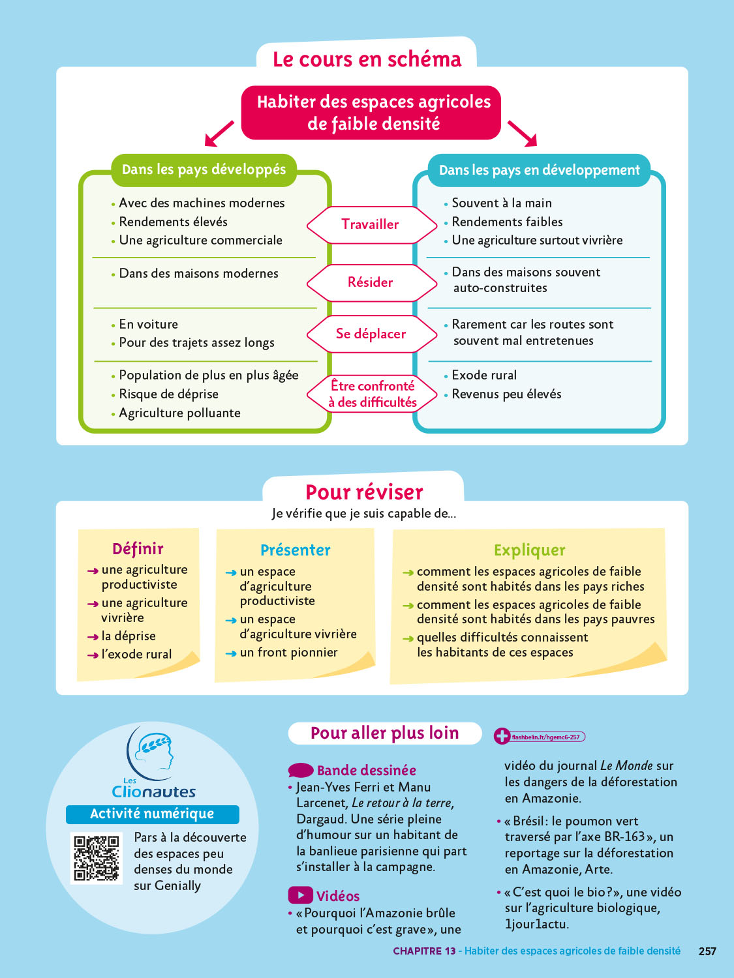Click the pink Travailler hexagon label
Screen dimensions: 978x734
point(371,224)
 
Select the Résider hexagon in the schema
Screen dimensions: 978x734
point(371,282)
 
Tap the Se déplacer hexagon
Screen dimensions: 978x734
point(371,334)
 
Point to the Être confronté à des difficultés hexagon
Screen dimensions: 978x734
point(372,394)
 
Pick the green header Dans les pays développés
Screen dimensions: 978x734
point(204,170)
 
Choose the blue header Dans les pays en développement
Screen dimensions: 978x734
point(539,170)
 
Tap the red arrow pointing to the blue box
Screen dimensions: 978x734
point(523,133)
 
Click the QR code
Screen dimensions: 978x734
point(97,858)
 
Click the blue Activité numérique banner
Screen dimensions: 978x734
point(152,814)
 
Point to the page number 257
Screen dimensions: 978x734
point(707,951)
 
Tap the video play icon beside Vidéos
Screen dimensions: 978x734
point(300,895)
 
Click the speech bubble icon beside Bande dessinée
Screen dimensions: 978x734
point(301,771)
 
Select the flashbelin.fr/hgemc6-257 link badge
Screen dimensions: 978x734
point(540,737)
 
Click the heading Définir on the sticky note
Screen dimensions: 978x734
point(138,549)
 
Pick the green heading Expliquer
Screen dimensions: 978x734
point(529,550)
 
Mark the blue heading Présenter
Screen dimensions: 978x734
point(295,550)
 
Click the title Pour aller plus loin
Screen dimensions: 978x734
point(384,733)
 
